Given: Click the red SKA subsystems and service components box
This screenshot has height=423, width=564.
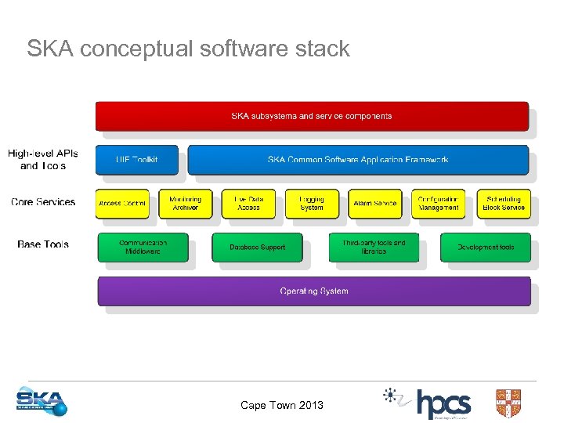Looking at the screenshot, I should [x=312, y=116].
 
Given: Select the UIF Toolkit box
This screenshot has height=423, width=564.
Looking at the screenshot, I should [x=137, y=160].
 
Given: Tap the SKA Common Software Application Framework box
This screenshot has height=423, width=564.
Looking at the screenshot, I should [x=358, y=160].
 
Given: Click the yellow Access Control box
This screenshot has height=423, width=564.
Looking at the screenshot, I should [x=122, y=204].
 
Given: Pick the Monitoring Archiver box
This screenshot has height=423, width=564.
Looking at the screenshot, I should [x=185, y=204].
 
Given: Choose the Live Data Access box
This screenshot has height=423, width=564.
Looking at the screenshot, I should [x=248, y=204].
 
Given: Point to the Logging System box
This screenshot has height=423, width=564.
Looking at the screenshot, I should [x=312, y=204].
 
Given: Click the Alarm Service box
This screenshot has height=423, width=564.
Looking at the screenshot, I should [x=374, y=204].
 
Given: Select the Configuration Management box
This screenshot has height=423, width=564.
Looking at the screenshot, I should [x=439, y=204].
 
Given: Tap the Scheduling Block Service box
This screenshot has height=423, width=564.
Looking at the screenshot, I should [x=503, y=204].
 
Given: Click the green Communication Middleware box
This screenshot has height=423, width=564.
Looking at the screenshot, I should [x=143, y=247].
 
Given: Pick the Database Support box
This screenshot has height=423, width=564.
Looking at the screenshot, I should [x=257, y=248].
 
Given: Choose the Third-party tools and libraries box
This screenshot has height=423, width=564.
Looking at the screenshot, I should [x=374, y=247].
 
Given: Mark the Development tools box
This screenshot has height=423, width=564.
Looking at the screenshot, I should [x=485, y=248].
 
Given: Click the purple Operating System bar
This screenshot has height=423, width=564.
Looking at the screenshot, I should [x=313, y=291].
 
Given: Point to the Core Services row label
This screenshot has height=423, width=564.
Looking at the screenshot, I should [x=43, y=202].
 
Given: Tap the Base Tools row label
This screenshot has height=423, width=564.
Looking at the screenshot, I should [x=43, y=244].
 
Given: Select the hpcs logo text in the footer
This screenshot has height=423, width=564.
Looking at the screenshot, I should [x=443, y=404].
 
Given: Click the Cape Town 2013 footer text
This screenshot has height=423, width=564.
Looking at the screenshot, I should [x=281, y=405].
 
